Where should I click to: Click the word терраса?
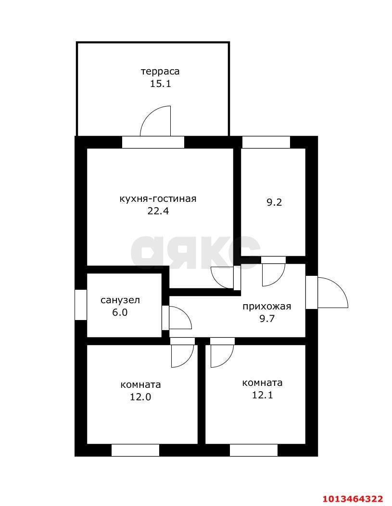(x=160, y=72)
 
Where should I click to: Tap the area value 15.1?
(x=160, y=84)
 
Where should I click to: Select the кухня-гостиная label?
(x=158, y=198)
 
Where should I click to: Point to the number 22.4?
(x=158, y=210)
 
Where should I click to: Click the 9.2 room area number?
(x=274, y=202)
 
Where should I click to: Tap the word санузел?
(x=120, y=300)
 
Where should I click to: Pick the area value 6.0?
(x=120, y=312)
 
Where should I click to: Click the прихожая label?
(x=267, y=306)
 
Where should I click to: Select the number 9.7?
(x=267, y=318)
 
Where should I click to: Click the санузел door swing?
(x=179, y=318)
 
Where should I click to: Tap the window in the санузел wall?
(x=80, y=305)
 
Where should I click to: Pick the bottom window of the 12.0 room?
(x=135, y=450)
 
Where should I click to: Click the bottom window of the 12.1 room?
(x=253, y=450)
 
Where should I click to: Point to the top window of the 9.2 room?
(x=266, y=142)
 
